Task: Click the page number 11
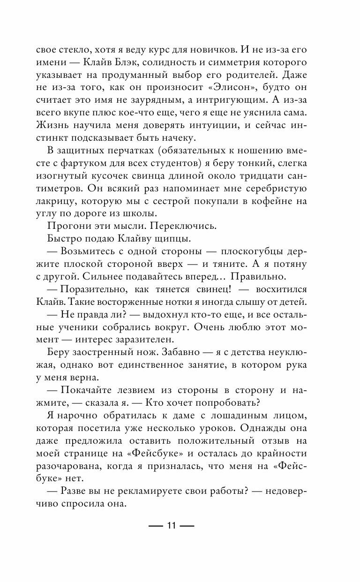pyautogui.click(x=170, y=526)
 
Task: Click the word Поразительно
pyautogui.click(x=92, y=288)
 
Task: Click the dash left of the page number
pyautogui.click(x=155, y=526)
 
